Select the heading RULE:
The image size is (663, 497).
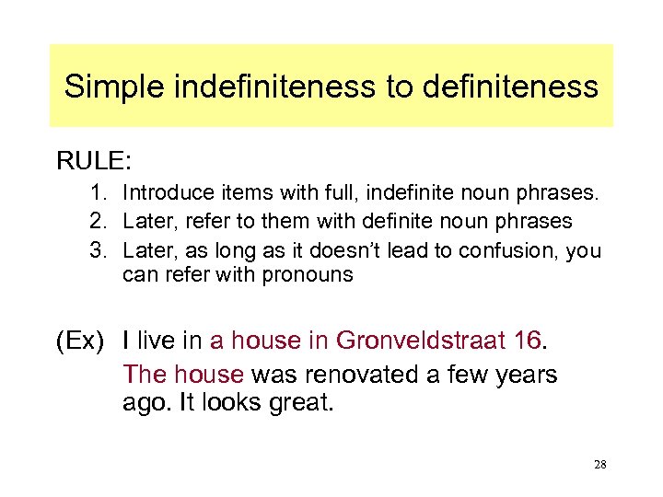[94, 162]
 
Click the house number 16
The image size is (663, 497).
[528, 341]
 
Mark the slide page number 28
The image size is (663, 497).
[599, 466]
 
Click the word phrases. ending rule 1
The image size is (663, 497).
[562, 193]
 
